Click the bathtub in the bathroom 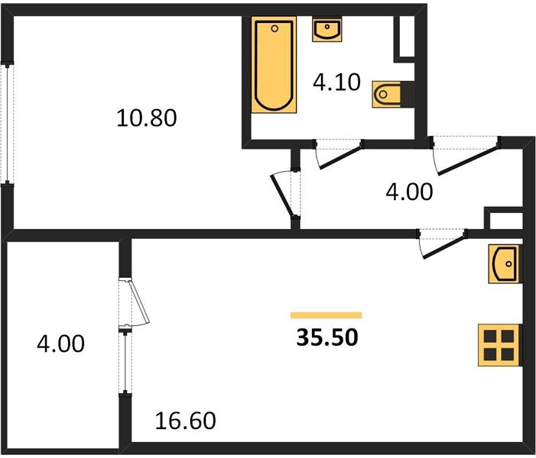274,65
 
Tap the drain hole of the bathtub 274,28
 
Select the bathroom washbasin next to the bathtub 326,30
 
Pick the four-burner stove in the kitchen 500,345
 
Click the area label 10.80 147,118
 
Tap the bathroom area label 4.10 336,82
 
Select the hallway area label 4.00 409,192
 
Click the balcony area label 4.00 60,343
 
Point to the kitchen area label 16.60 185,421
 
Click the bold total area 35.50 327,337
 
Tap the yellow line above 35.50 326,315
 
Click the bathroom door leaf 340,156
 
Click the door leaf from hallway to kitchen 444,246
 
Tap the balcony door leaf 139,301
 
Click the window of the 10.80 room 7,123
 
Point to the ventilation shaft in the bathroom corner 404,39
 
